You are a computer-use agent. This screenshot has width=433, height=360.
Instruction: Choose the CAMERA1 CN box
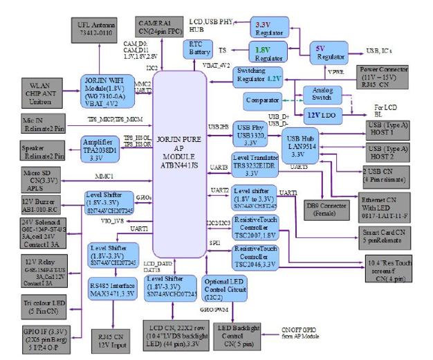(x=163, y=25)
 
